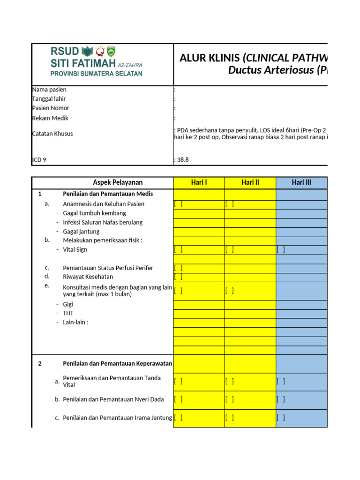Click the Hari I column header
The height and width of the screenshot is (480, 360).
[x=199, y=182]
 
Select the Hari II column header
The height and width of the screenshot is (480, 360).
[x=250, y=182]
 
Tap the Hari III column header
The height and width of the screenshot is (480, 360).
[x=301, y=182]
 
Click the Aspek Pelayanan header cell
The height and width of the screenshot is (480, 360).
[x=118, y=182]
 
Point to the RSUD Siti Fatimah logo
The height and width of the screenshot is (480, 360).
[x=96, y=61]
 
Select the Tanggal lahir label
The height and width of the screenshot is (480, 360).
[x=49, y=99]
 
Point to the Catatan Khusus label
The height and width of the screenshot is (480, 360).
[x=52, y=134]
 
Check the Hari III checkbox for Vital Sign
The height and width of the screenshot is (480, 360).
[x=281, y=250]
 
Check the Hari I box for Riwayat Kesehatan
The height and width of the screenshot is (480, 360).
[x=178, y=277]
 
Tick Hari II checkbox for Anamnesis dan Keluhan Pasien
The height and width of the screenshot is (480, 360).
[x=229, y=204]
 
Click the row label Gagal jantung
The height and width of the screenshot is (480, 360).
[x=81, y=232]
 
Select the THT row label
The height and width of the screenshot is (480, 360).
[x=68, y=313]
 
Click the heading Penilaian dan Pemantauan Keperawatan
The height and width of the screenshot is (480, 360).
[x=117, y=363]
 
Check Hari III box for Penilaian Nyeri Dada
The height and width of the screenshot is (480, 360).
[x=281, y=399]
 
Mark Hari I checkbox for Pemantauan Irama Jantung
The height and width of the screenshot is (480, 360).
[x=178, y=418]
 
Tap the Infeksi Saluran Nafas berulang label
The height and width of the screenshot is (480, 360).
[x=103, y=222]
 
